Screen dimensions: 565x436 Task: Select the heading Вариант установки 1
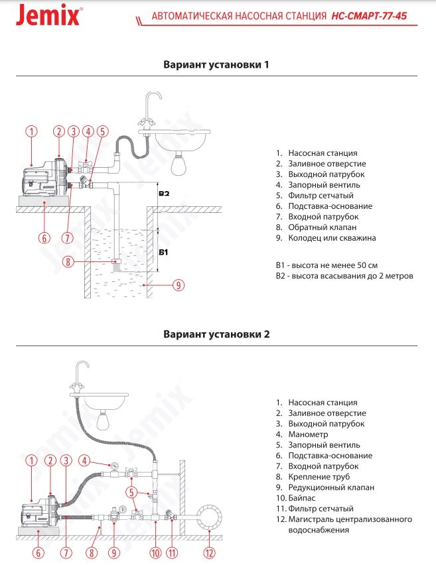pos(216,65)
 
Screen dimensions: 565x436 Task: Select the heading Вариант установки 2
pos(216,334)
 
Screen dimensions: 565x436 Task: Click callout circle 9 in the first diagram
pos(178,285)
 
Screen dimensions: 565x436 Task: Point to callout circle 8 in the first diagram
pos(68,261)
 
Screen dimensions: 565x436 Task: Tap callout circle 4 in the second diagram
pos(84,460)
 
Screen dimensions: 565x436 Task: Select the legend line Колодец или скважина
pos(325,238)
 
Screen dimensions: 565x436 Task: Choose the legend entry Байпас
pos(299,498)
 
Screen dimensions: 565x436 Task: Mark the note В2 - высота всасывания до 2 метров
pos(344,275)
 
